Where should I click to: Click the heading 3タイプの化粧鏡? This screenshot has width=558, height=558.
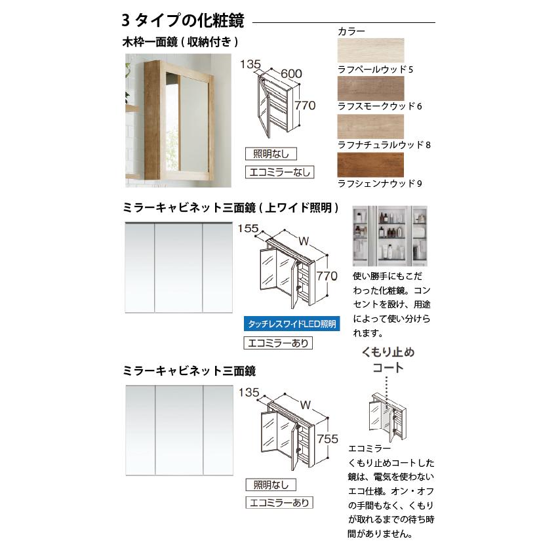click(x=183, y=22)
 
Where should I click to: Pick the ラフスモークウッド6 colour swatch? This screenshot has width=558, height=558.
click(x=370, y=87)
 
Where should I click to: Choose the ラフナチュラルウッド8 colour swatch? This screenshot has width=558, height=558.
click(x=370, y=126)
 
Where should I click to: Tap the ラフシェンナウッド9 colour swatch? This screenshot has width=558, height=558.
click(x=370, y=164)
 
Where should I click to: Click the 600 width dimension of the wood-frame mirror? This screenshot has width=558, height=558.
click(x=290, y=75)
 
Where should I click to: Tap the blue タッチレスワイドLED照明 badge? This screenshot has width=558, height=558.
click(x=292, y=324)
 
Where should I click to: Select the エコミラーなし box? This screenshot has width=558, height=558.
click(x=278, y=173)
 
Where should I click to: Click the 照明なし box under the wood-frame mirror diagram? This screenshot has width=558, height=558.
click(x=271, y=154)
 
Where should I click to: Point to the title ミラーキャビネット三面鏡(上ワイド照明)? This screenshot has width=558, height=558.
click(x=231, y=208)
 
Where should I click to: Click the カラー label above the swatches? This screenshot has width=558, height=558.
click(x=351, y=31)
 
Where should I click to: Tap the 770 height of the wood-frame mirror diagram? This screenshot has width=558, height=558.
click(x=306, y=106)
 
